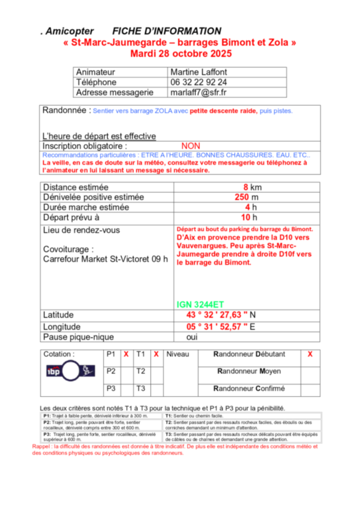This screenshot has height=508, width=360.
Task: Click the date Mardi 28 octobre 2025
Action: (179, 53)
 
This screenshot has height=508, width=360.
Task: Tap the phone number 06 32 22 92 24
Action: (199, 82)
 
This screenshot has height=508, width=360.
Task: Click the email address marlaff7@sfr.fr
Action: (199, 93)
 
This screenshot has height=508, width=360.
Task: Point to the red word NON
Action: (191, 146)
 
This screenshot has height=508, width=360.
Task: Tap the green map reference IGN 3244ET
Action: (201, 305)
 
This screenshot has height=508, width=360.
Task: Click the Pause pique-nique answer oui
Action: (192, 337)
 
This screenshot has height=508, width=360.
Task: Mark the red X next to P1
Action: (126, 355)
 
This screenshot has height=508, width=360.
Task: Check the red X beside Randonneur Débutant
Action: (310, 355)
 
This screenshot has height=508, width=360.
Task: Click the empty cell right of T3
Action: (156, 389)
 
